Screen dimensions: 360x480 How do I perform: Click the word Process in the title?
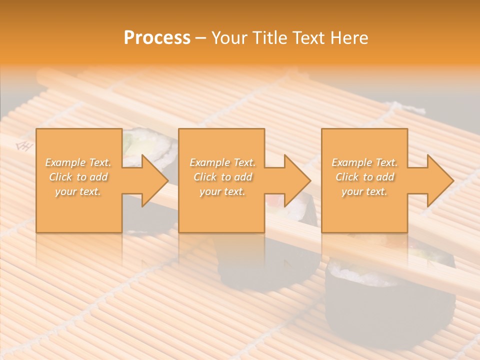point(157,38)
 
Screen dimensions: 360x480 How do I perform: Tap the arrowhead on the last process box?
point(437,180)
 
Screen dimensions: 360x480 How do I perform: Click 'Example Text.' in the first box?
point(78,162)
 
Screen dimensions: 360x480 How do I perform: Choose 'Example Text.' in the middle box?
point(222,162)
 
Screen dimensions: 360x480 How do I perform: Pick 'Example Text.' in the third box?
point(364,162)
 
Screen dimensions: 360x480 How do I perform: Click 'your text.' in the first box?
point(78,191)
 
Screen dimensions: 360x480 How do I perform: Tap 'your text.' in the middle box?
point(222,191)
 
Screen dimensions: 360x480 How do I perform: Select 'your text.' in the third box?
point(364,191)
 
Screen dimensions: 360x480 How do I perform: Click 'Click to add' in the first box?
point(78,177)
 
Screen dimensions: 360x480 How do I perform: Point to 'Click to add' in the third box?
point(364,177)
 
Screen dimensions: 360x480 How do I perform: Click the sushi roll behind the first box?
point(150,145)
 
